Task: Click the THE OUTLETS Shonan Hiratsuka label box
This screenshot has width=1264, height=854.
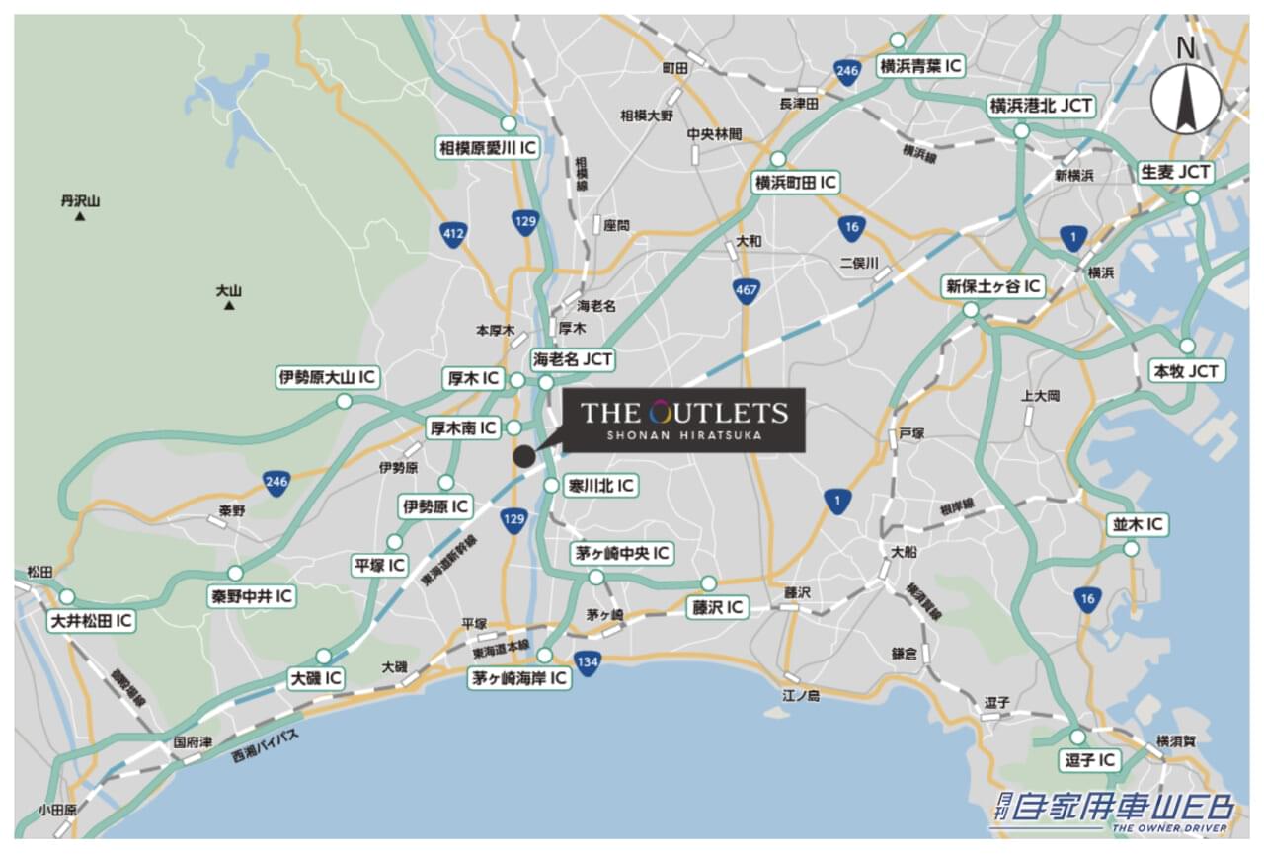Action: click(683, 420)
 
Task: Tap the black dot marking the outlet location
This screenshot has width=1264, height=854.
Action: click(523, 456)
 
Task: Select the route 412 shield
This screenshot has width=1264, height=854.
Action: click(453, 234)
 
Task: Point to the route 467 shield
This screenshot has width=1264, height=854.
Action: click(747, 290)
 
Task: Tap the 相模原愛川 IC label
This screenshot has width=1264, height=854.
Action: click(488, 148)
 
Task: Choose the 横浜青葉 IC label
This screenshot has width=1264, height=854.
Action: click(920, 66)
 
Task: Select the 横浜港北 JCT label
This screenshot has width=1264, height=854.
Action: click(1041, 106)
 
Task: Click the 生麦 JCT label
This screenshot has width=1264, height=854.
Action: click(1175, 171)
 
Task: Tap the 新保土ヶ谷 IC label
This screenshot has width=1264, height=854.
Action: click(992, 286)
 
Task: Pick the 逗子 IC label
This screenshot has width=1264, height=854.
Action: click(1090, 760)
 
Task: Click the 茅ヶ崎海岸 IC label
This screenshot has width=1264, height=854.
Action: click(519, 678)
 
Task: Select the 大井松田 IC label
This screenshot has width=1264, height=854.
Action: click(92, 621)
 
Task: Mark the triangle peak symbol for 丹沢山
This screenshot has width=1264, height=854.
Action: click(80, 215)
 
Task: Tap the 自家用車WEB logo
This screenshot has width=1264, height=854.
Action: click(1113, 811)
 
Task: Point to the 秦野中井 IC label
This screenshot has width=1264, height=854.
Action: click(252, 596)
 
